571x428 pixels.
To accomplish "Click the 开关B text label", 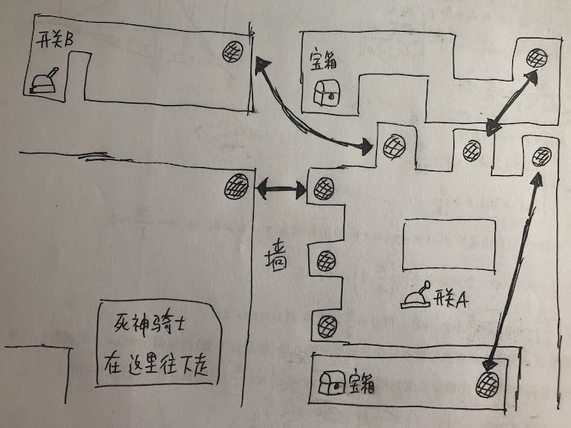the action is tap(54, 40).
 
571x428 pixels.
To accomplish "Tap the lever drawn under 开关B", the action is tap(44, 82).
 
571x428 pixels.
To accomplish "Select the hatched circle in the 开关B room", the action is tap(232, 51).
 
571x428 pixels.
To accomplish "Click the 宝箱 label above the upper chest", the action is tap(323, 60).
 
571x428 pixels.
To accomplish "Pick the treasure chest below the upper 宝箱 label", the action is tap(326, 92).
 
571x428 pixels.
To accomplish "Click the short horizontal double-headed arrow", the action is tap(281, 189).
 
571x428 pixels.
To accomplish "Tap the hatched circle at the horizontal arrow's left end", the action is tap(237, 187).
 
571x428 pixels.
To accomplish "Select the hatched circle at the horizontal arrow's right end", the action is tap(324, 188).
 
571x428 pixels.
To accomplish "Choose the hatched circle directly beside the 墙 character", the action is tap(326, 262).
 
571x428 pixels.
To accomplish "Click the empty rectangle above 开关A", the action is tap(449, 245).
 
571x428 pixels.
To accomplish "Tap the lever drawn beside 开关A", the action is tap(417, 295).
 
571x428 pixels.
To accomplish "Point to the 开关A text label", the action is tap(450, 300).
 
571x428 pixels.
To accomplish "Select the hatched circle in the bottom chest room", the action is tap(488, 384).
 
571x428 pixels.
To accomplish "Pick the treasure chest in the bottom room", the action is tap(332, 382).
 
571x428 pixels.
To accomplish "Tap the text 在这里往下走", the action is tap(156, 364).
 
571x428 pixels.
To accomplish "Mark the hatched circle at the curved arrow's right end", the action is tap(395, 147).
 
